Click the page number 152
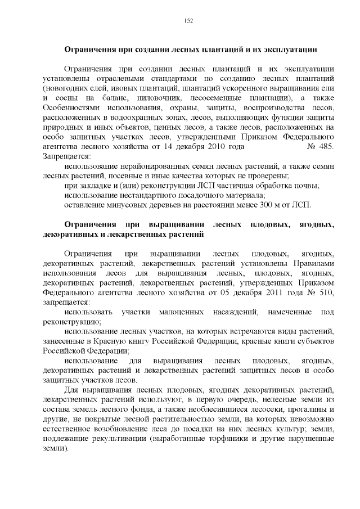188,21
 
